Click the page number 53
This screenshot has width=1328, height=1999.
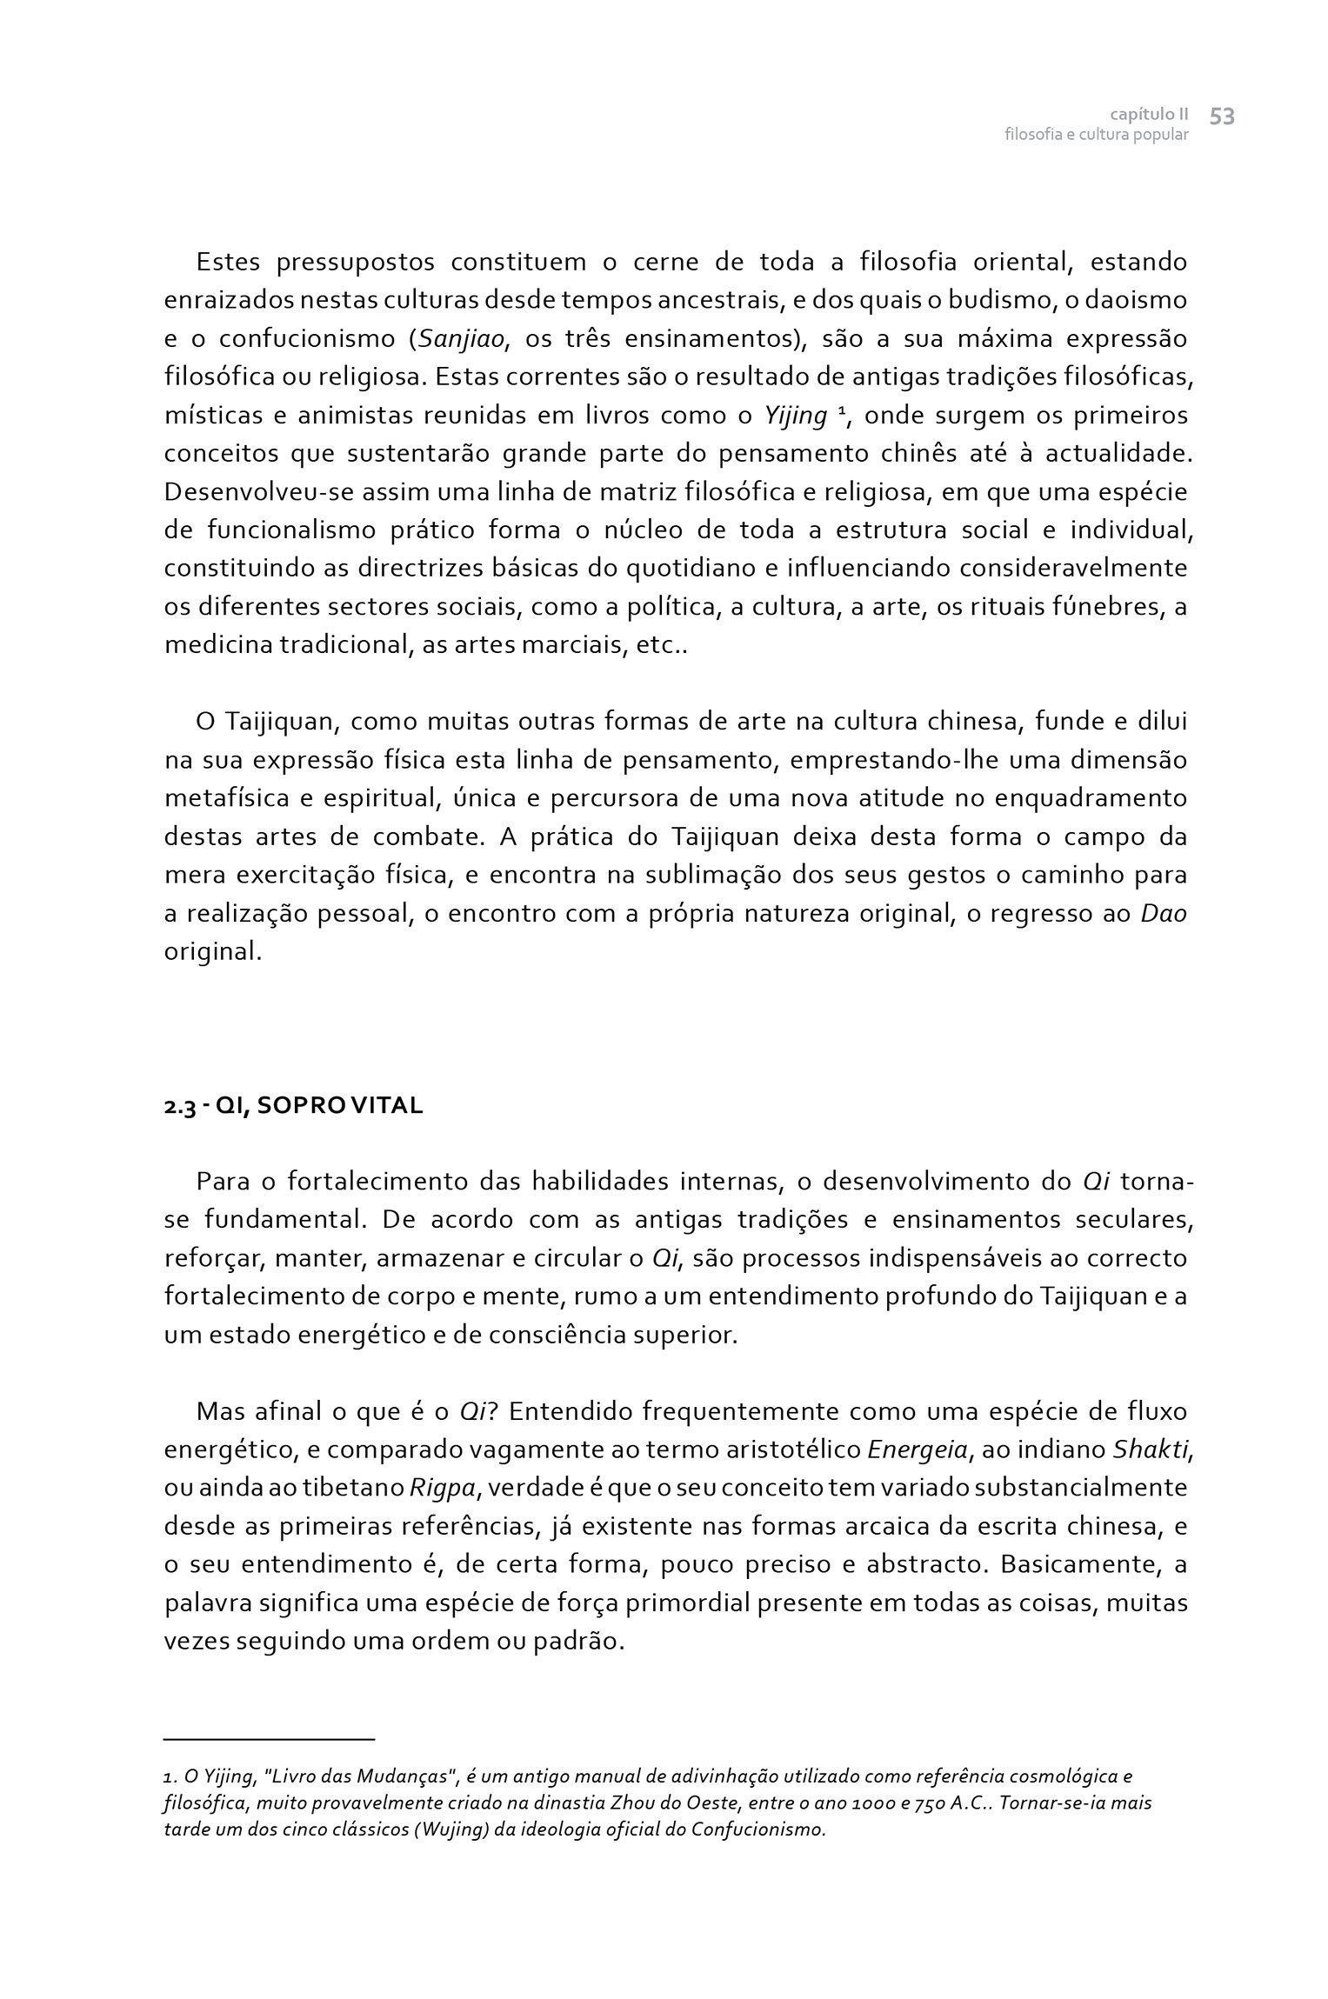(1222, 117)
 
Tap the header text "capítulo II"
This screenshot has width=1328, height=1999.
(1149, 115)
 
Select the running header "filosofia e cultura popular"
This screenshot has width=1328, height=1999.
(1096, 136)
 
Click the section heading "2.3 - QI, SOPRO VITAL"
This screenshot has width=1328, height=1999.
(294, 1106)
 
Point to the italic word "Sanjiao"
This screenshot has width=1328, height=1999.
(462, 339)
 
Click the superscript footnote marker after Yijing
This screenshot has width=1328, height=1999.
(841, 411)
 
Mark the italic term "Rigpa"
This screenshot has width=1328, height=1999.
(442, 1488)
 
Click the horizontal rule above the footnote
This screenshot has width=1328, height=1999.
(269, 1738)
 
